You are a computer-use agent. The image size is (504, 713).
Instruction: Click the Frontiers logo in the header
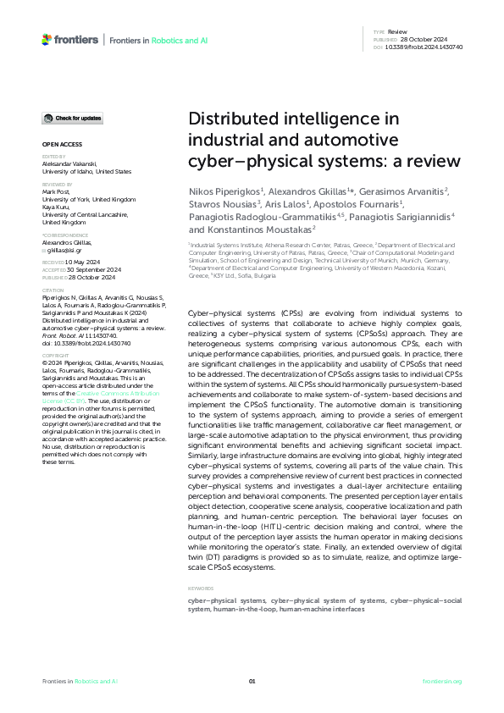[x=69, y=40]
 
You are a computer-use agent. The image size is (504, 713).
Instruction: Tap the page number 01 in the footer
[x=252, y=681]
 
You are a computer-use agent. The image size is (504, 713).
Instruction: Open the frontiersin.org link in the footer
[x=441, y=681]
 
